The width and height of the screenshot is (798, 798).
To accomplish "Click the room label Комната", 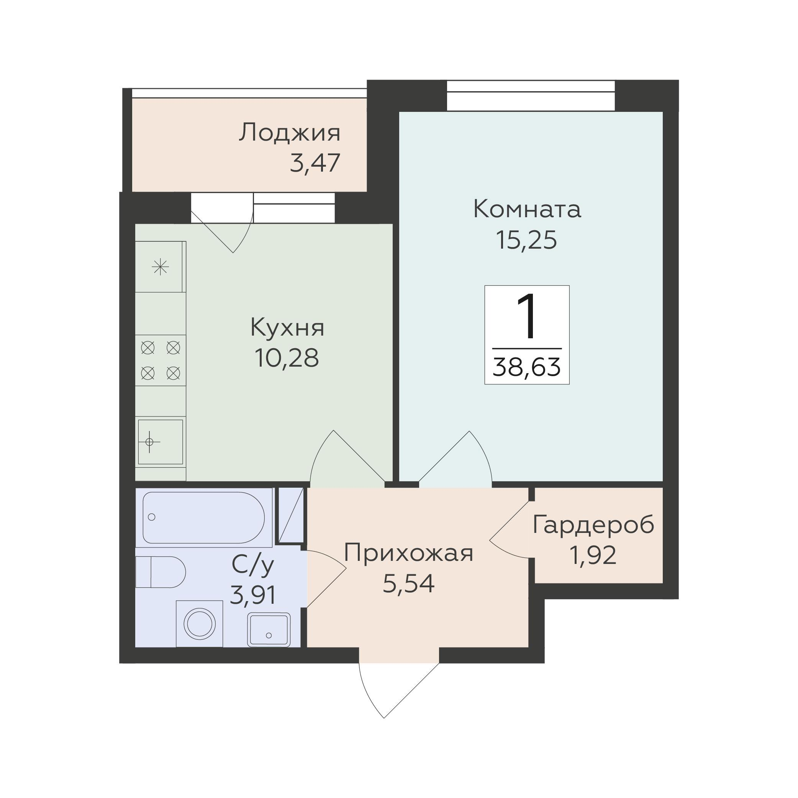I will point(527,209).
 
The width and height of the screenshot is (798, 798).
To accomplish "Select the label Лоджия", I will point(290,133).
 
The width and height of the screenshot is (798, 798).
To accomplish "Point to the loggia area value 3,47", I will point(315,163).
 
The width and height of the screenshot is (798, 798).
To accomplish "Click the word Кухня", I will point(287,328).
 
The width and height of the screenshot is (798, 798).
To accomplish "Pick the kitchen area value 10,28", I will point(287,358).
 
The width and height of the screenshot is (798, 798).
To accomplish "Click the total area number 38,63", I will point(527,367).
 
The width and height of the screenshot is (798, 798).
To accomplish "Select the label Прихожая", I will point(408,553).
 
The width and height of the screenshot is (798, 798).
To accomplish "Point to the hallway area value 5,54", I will point(408,583).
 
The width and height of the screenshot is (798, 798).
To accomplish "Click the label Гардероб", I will point(593,525).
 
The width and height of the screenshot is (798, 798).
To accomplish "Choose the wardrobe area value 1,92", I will point(593,555).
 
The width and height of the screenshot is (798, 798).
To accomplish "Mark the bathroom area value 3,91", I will point(252,595).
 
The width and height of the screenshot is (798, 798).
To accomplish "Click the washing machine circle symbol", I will point(200,623).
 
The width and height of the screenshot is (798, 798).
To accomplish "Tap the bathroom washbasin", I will point(269,629).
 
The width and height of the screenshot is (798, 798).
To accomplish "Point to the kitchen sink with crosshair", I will point(160,442).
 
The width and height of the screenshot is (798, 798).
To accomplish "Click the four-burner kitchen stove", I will point(160,360).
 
